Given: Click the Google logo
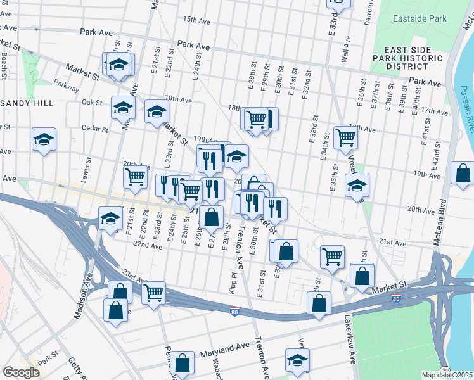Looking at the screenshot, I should click(x=21, y=372).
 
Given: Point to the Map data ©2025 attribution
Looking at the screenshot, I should click(x=447, y=375).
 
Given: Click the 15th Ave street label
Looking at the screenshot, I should click(x=196, y=20).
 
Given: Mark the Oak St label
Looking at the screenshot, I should click(x=92, y=102).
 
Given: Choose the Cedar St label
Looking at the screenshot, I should click(x=95, y=129).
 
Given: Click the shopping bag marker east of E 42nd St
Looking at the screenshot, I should click(x=463, y=172).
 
